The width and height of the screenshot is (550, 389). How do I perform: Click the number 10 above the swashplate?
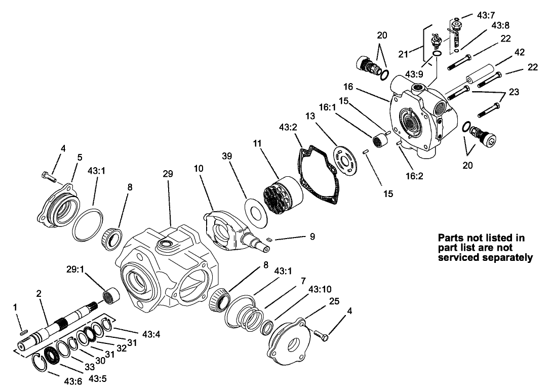click(x=199, y=168)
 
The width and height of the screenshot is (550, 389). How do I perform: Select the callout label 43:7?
click(x=487, y=15)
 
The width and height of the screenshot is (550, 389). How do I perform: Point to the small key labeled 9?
click(x=270, y=241)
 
